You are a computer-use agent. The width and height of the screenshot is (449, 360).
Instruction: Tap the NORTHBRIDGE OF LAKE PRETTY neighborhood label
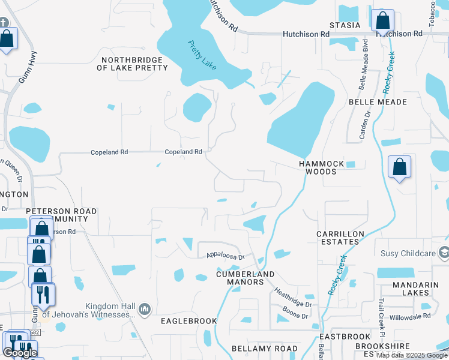[132, 64]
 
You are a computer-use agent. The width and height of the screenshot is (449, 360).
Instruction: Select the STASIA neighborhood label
[345, 25]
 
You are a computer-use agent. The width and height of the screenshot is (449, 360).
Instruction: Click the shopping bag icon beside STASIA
[382, 21]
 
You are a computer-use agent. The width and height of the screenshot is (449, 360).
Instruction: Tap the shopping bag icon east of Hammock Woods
[399, 167]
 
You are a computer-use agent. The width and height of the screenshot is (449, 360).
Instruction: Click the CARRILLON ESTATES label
[339, 237]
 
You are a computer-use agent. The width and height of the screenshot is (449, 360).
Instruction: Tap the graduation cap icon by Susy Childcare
[444, 253]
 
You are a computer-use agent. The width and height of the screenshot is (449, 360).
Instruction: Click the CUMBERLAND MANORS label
[240, 278]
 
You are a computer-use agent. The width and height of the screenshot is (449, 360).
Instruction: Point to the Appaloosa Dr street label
[222, 256]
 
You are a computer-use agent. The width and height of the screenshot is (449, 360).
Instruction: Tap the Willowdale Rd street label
[409, 314]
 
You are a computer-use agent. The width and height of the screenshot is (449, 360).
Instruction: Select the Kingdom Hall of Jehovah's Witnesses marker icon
[144, 310]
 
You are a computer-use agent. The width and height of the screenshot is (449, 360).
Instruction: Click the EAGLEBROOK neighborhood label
[188, 321]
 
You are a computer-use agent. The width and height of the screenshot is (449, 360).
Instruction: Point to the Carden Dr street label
[365, 125]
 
